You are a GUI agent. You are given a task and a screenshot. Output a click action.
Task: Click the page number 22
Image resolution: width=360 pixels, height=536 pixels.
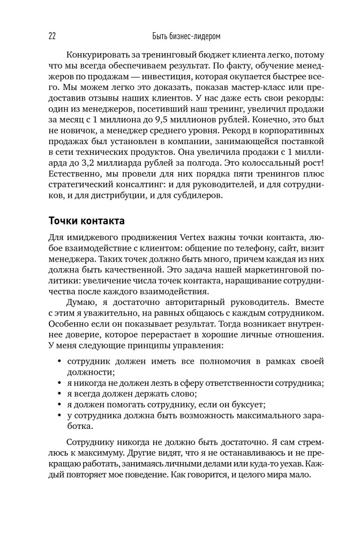coord(52,36)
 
